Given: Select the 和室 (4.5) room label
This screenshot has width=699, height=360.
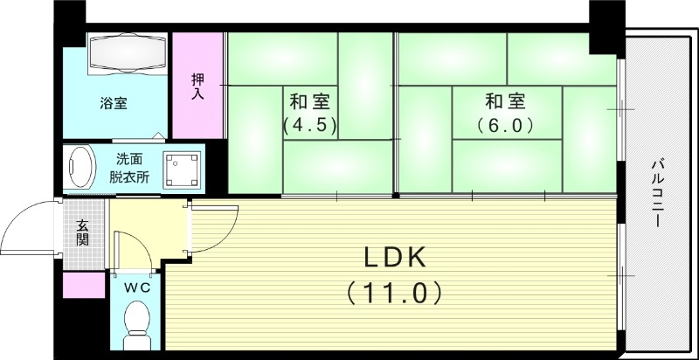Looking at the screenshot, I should [309, 112].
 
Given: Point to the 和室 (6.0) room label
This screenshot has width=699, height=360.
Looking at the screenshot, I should [505, 112].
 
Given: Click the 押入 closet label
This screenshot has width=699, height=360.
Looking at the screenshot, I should [198, 86].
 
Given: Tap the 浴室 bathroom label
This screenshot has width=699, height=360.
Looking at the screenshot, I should [113, 104].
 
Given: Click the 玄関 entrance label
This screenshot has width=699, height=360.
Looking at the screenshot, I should [83, 232].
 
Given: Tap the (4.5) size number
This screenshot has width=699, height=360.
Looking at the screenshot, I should [309, 124].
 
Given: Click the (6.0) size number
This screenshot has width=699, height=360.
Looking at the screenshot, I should [505, 124].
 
